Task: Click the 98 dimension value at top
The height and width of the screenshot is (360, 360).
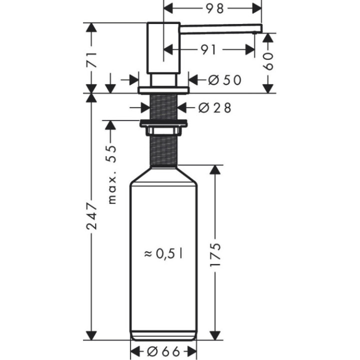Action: (x=213, y=8)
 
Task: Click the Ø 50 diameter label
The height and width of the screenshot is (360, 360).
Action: (x=219, y=79)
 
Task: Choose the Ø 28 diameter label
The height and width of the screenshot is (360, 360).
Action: (x=214, y=107)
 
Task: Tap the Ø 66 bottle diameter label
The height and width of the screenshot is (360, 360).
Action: (x=163, y=351)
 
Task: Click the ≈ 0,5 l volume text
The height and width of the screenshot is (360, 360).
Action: (x=163, y=254)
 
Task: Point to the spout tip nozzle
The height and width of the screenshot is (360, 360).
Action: (x=256, y=31)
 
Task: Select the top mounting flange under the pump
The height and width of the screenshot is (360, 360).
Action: (x=163, y=90)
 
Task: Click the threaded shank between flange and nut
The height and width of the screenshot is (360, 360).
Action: (x=163, y=106)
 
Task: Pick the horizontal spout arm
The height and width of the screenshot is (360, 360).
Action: (x=220, y=27)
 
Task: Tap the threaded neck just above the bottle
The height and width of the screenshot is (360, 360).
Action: (x=163, y=150)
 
